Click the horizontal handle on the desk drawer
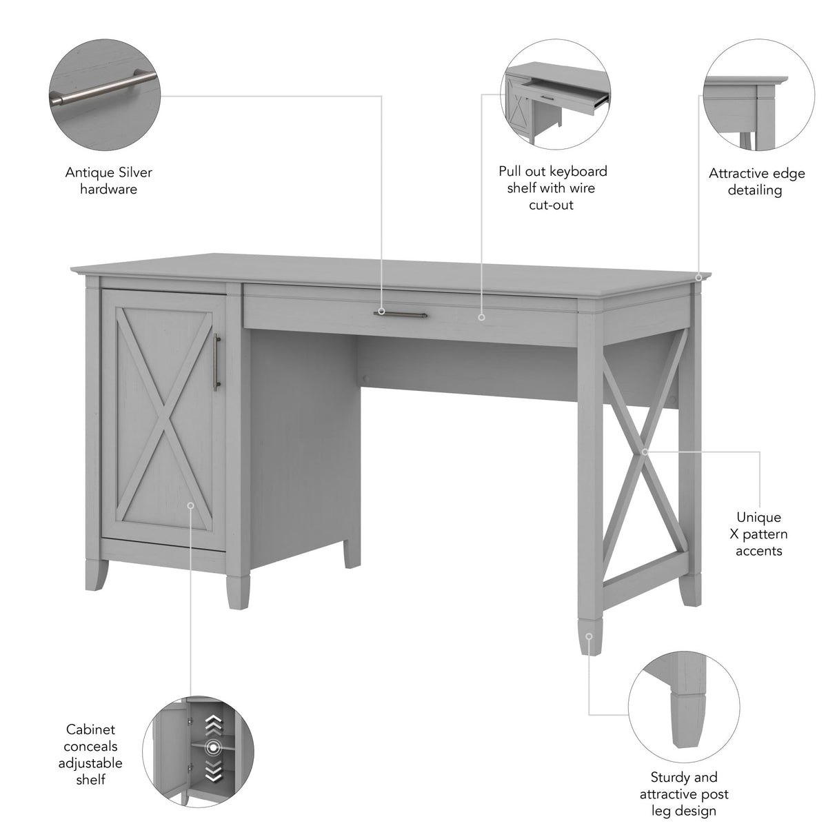click(400, 314)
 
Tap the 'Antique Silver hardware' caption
click(108, 181)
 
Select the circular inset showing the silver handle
click(104, 94)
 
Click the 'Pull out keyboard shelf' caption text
click(552, 188)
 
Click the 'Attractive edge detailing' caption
click(756, 181)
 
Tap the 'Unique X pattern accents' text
click(758, 534)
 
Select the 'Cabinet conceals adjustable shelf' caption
click(91, 754)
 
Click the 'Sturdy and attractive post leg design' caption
click(684, 794)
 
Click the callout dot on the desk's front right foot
click(588, 636)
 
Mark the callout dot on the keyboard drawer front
click(481, 317)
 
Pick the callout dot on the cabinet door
click(190, 505)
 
